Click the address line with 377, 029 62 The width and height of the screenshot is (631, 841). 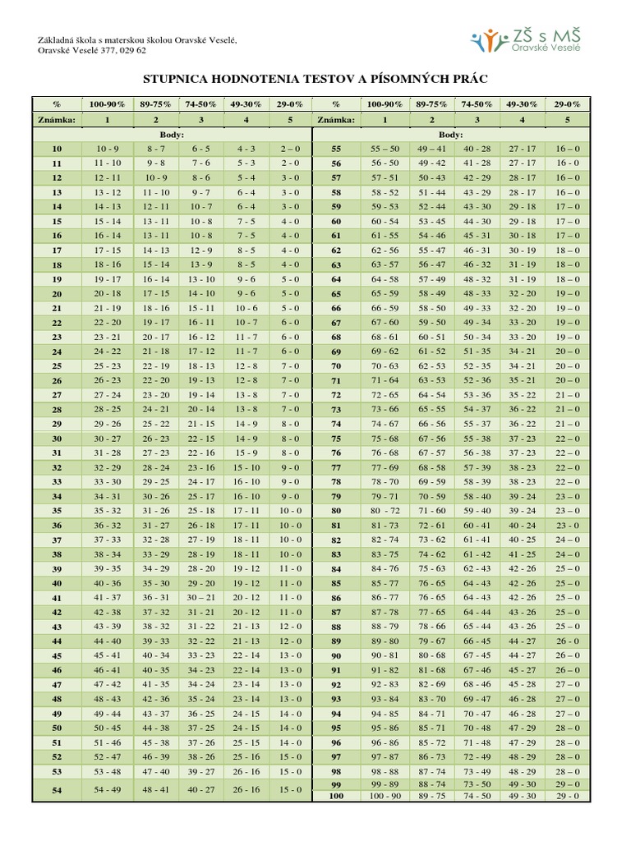pyautogui.click(x=92, y=50)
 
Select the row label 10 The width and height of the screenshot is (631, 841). pyautogui.click(x=57, y=149)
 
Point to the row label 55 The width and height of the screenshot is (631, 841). pyautogui.click(x=336, y=149)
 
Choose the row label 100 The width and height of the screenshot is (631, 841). pyautogui.click(x=336, y=796)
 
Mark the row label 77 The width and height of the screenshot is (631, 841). pyautogui.click(x=336, y=467)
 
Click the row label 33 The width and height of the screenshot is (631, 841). pyautogui.click(x=57, y=482)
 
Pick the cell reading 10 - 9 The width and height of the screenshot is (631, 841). pyautogui.click(x=108, y=149)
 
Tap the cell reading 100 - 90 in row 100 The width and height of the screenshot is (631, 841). pyautogui.click(x=385, y=796)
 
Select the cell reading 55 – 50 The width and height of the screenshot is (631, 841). pyautogui.click(x=385, y=149)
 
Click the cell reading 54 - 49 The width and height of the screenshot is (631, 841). pyautogui.click(x=108, y=789)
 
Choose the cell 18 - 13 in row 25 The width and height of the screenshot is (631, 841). pyautogui.click(x=201, y=366)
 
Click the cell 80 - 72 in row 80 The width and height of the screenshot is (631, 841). pyautogui.click(x=385, y=511)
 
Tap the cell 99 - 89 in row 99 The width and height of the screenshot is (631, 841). pyautogui.click(x=385, y=785)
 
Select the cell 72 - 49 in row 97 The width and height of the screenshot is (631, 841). pyautogui.click(x=477, y=756)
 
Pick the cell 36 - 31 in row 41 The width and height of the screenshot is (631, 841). pyautogui.click(x=156, y=598)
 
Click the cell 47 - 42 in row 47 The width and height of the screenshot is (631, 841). pyautogui.click(x=108, y=684)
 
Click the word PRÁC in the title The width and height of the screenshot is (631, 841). pyautogui.click(x=467, y=78)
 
